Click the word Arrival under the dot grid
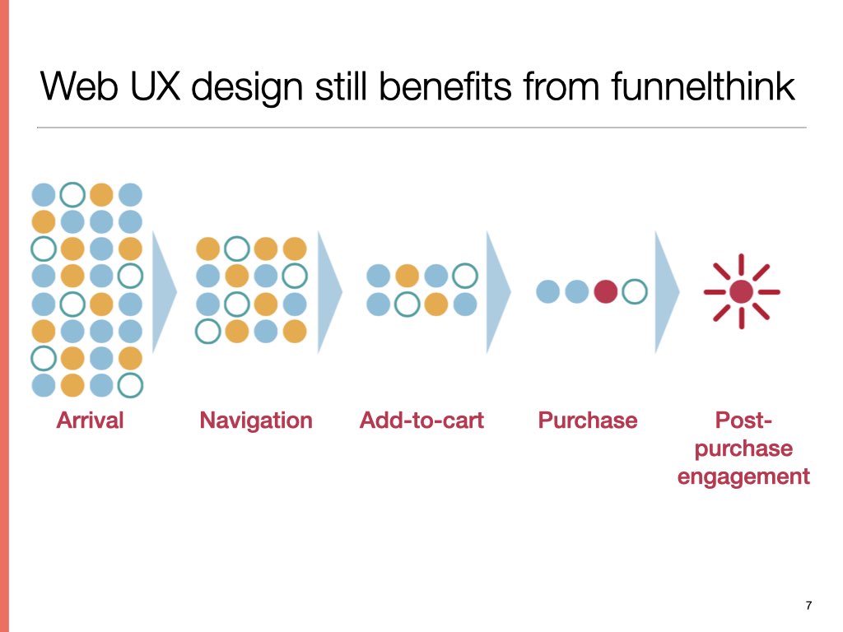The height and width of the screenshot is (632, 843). click(90, 421)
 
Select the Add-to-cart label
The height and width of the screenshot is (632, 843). click(421, 421)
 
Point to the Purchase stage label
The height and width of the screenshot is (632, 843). click(588, 421)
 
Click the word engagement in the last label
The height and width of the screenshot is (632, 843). click(743, 477)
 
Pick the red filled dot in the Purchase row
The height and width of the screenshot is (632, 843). click(605, 292)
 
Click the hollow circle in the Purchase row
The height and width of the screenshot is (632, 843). click(635, 292)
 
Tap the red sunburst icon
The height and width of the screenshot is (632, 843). click(742, 291)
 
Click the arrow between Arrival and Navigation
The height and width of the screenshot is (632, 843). click(165, 292)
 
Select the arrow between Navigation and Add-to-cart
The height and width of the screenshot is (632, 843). click(329, 292)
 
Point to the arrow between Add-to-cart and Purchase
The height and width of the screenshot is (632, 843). click(498, 292)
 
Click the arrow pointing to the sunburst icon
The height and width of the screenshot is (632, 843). click(667, 292)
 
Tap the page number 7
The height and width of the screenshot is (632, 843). click(808, 606)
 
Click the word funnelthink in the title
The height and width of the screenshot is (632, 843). click(703, 86)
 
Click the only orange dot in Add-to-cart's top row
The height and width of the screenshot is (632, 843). click(407, 276)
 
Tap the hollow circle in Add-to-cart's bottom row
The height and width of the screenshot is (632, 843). click(407, 304)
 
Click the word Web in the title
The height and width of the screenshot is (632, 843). click(79, 86)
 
